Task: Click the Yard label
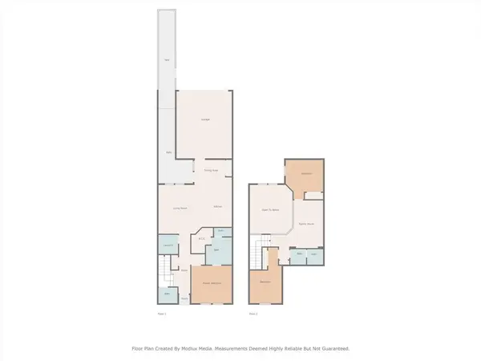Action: pos(166,60)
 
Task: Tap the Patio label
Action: pos(168,152)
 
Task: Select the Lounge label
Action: pos(204,120)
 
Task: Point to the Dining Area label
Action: pos(210,170)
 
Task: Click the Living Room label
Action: pos(180,208)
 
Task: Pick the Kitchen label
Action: pos(217,208)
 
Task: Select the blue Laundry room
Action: pos(168,245)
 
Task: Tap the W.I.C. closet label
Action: pos(202,237)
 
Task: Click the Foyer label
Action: pos(184,271)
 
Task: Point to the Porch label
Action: pos(184,298)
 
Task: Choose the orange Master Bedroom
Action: pos(212,286)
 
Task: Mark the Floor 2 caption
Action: pos(253,314)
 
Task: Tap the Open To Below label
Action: pos(270,210)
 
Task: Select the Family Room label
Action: pos(305,224)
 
